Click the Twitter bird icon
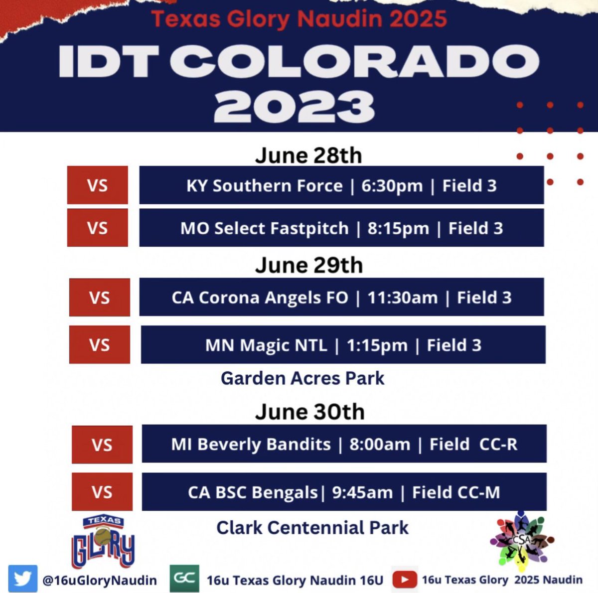(22, 579)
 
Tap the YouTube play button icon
(404, 580)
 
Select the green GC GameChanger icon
(184, 579)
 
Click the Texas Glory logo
(103, 542)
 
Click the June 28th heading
(308, 155)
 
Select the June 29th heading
(308, 265)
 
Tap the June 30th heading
(309, 412)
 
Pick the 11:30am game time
(402, 297)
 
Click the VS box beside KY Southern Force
(97, 185)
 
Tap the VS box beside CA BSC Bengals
(102, 492)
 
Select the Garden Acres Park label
(302, 378)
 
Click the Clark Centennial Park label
(312, 527)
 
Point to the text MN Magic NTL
(266, 345)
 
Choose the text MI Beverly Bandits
(251, 444)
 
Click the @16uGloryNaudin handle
(100, 580)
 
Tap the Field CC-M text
(455, 492)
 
